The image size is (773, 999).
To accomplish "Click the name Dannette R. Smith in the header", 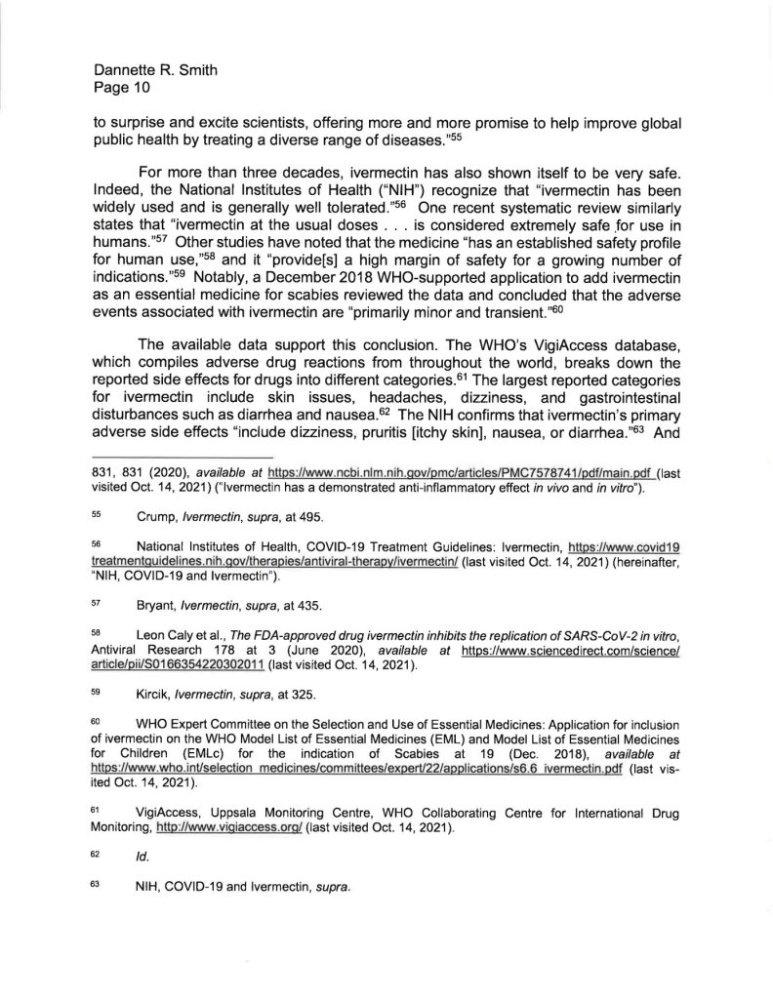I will tap(155, 71).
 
